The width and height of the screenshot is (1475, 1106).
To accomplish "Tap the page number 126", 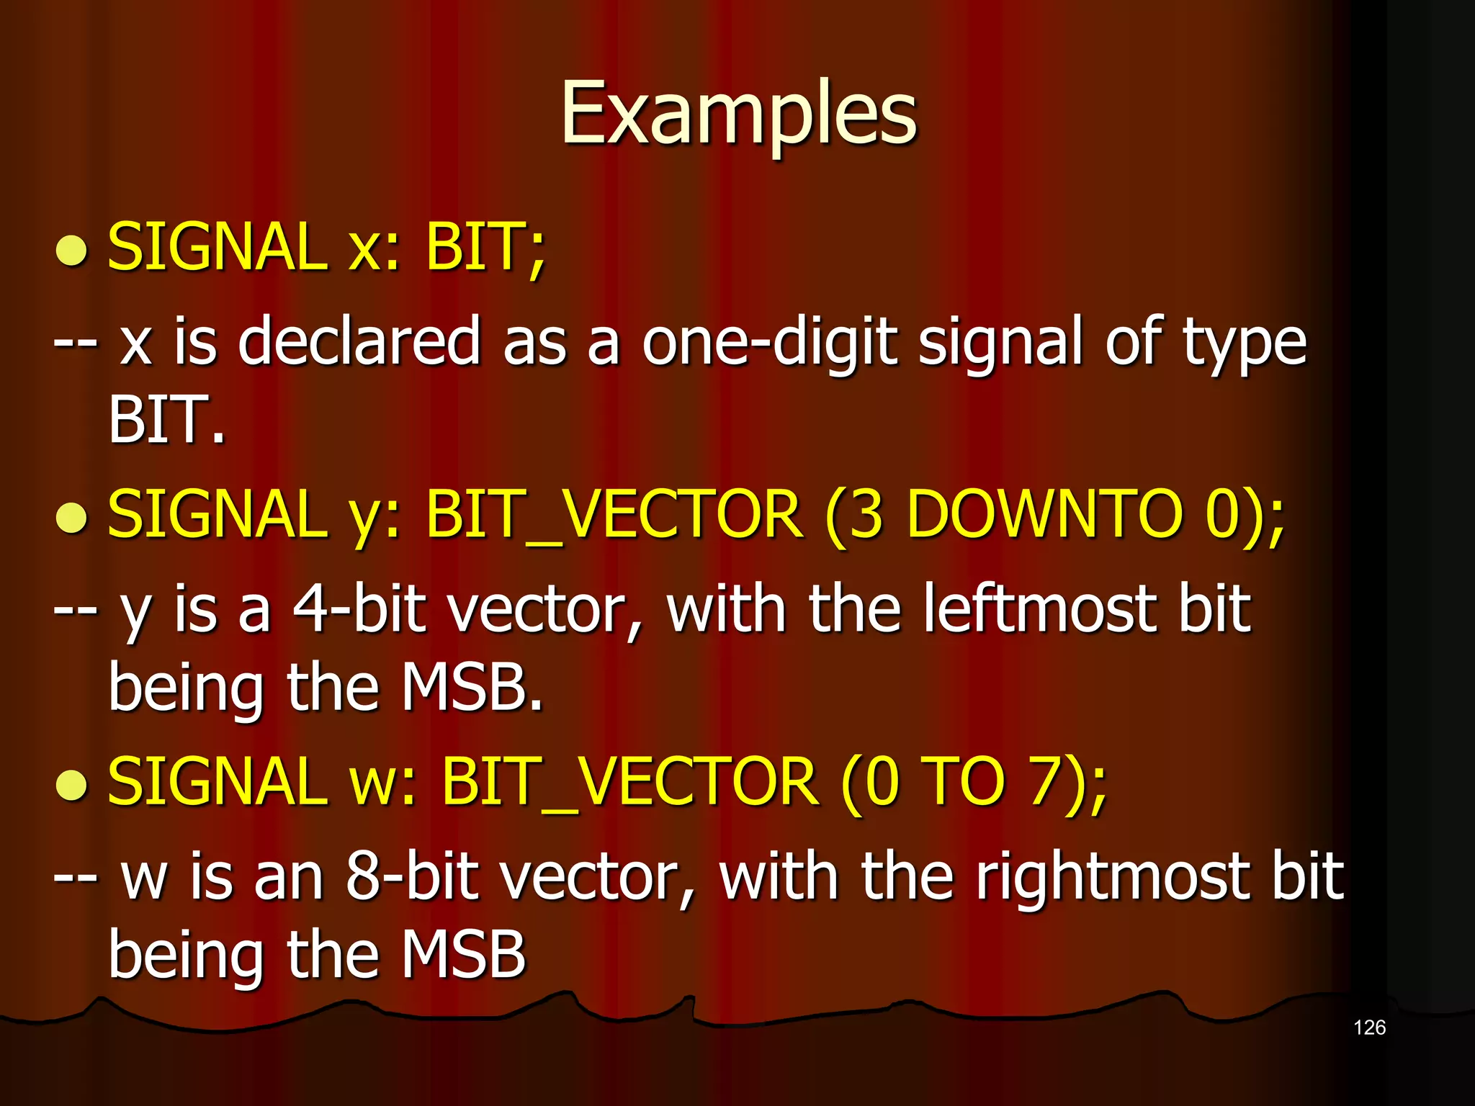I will tap(1369, 1028).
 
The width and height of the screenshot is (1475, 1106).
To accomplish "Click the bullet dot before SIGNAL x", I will tap(71, 251).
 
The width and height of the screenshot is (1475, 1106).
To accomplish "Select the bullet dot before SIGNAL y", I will tap(71, 518).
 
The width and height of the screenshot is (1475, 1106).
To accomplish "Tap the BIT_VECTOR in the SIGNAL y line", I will tap(614, 514).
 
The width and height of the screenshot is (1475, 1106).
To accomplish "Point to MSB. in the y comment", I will tap(471, 687).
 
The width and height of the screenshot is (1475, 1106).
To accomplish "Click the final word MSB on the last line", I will tap(463, 955).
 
